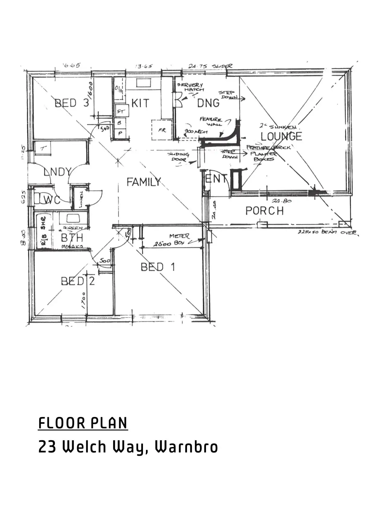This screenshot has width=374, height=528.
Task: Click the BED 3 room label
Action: point(72,103)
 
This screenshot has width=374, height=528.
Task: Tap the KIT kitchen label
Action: point(140,103)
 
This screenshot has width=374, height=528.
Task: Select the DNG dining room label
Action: point(208,103)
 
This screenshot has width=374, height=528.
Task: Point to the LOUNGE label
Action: point(281,136)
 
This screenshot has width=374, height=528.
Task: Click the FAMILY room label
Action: point(144,182)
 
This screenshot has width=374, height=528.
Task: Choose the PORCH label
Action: point(265,211)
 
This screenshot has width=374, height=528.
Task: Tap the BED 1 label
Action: point(158,267)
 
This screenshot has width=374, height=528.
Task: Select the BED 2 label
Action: point(78,281)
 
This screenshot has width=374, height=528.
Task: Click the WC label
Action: point(52,200)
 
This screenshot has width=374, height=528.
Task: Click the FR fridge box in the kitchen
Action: point(162,130)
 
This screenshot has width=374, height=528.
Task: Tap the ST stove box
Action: point(121,112)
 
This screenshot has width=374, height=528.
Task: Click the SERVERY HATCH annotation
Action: point(190,87)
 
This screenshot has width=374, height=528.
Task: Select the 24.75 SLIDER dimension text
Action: point(210,66)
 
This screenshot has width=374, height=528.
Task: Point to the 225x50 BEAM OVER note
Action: point(327,232)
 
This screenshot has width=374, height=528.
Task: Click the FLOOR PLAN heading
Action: point(83,423)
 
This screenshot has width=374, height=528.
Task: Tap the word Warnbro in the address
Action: point(186,447)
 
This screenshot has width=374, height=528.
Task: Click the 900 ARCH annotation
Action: point(196,132)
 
